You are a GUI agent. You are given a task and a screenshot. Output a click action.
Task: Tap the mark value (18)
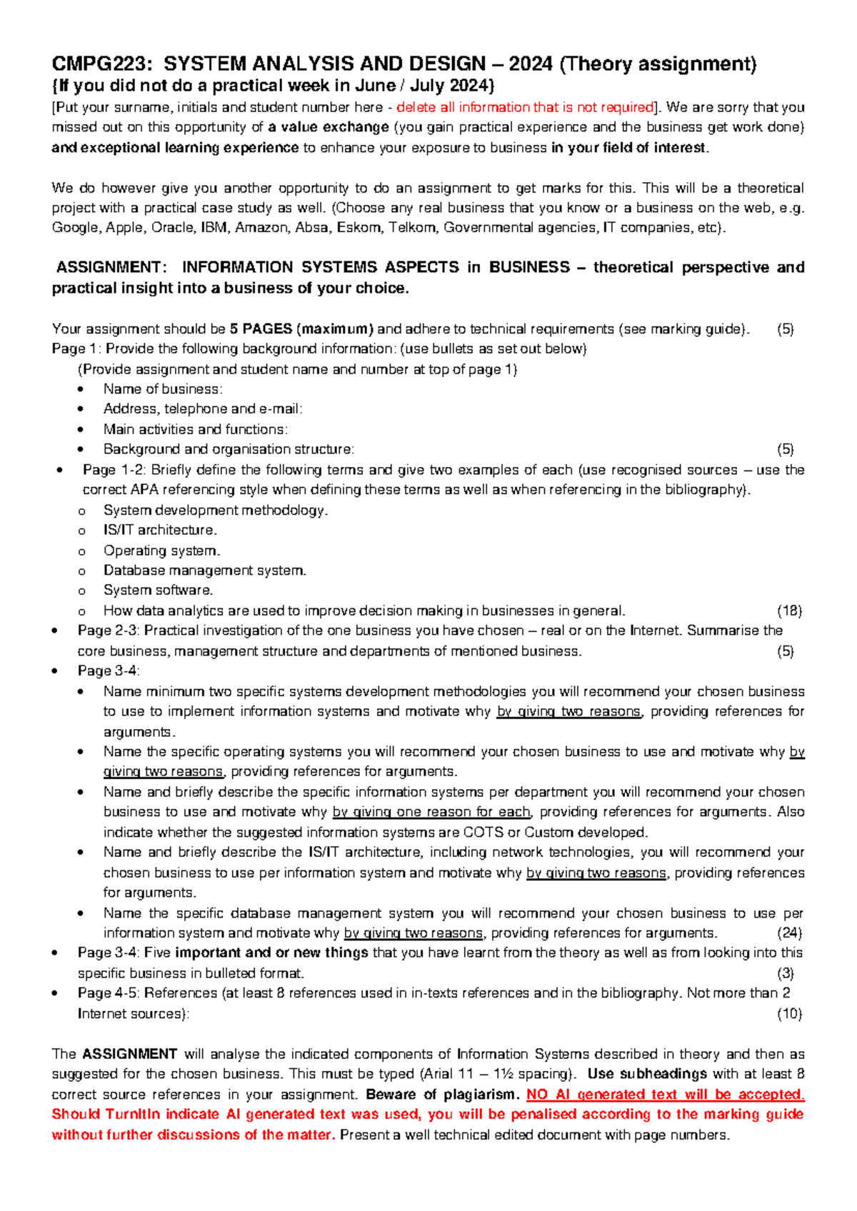coord(789,611)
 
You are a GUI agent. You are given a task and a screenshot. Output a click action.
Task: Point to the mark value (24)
coord(789,933)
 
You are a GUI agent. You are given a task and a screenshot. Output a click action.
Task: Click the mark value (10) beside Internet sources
coord(789,1014)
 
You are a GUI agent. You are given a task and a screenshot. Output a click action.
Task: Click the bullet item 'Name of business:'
coord(163,389)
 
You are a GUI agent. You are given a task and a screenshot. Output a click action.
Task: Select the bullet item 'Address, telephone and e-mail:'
coord(203,409)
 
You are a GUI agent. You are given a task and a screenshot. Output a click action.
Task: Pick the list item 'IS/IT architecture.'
coord(160,531)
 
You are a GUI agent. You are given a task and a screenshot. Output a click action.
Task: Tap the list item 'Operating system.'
coord(161,551)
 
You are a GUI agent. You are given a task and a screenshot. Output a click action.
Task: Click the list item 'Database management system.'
coord(204,571)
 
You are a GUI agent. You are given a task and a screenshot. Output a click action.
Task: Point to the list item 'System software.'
coord(158,591)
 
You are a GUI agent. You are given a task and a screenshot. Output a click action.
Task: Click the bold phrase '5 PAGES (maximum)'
coord(301,329)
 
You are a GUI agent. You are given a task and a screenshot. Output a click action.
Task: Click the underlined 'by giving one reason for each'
coord(431,813)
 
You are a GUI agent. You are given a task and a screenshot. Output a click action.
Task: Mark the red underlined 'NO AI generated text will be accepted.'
coord(665,1095)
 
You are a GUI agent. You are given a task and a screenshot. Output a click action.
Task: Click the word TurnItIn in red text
coord(135,1115)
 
